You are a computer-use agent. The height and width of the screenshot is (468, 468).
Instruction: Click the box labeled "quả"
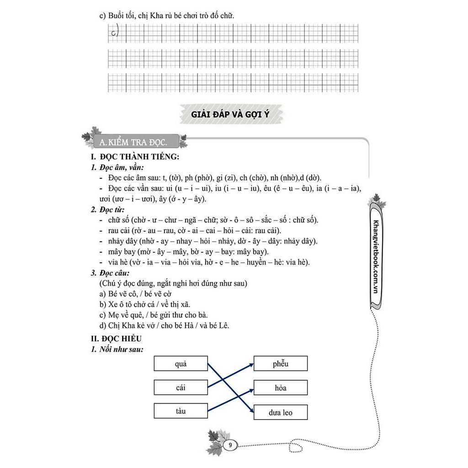tap(181, 364)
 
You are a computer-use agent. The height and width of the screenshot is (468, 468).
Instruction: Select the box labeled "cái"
tap(181, 388)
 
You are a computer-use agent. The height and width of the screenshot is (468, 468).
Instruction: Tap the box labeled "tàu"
tap(181, 411)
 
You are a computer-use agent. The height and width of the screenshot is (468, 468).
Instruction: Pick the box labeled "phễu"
tap(281, 364)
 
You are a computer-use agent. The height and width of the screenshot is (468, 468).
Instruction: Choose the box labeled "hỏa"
tap(281, 388)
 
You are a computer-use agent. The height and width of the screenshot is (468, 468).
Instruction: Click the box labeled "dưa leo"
tap(281, 413)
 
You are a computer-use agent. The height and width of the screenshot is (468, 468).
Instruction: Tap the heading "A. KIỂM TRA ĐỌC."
tap(133, 142)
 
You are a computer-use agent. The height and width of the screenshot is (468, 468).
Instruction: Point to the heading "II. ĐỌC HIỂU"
tap(117, 339)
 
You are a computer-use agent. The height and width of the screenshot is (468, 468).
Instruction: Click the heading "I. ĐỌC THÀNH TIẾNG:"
tap(135, 157)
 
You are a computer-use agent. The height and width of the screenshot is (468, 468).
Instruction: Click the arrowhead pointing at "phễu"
tap(251, 364)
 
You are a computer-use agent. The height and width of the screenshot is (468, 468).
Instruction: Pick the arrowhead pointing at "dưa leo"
tap(251, 411)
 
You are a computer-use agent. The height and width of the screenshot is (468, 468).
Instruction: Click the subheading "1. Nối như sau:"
tap(117, 350)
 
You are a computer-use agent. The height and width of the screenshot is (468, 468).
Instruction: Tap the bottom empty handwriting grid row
tap(233, 82)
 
